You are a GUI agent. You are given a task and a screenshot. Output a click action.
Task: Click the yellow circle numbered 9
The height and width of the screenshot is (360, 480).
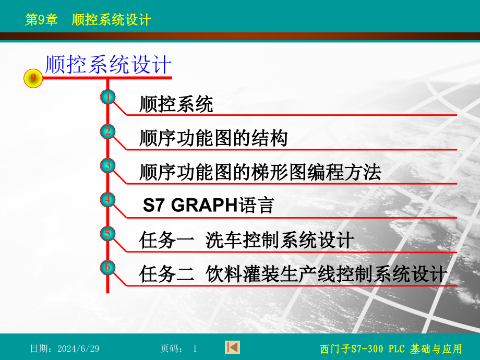33,78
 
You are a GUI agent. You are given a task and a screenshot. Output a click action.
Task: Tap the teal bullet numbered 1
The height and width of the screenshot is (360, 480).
108,97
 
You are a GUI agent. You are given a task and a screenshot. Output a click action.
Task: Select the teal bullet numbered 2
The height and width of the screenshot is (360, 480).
108,131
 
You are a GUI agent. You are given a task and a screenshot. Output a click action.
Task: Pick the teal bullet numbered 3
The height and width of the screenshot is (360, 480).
108,165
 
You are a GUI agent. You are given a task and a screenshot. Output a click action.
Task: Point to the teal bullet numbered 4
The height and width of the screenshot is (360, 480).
108,199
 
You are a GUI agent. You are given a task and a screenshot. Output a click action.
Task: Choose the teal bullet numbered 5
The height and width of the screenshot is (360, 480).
108,234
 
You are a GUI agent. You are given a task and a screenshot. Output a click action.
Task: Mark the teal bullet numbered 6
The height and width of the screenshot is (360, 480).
108,267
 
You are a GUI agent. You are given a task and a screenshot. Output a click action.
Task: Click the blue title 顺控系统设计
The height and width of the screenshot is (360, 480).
108,64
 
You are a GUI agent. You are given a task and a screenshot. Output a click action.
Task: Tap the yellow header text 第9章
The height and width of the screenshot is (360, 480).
41,20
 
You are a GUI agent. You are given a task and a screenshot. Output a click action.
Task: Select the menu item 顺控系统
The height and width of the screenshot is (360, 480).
176,104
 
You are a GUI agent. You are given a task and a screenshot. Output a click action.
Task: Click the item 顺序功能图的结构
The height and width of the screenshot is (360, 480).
213,138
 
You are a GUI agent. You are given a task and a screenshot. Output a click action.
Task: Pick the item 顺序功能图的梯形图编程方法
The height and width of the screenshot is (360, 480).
260,172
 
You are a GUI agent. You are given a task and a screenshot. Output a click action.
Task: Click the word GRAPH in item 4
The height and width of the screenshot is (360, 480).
204,205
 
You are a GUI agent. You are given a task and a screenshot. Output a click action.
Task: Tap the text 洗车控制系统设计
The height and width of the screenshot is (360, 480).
280,240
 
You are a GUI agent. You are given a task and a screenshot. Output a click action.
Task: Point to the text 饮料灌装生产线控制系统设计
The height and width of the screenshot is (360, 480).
326,274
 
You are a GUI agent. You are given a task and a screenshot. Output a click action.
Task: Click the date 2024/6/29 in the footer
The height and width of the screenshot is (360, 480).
78,349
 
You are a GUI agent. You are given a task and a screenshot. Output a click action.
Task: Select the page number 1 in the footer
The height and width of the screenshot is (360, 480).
195,349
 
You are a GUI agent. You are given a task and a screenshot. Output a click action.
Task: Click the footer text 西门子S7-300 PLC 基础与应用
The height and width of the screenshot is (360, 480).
391,349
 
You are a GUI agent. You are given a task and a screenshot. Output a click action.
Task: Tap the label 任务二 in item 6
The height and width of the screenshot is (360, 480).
166,274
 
